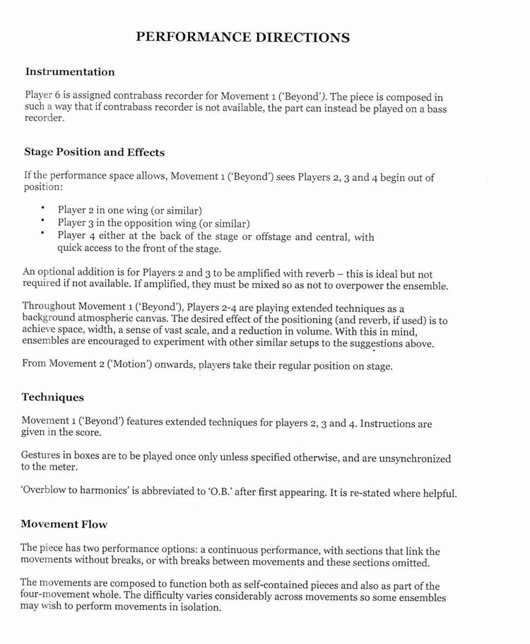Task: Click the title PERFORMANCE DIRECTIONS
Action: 242,37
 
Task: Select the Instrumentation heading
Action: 69,71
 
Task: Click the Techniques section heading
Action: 52,398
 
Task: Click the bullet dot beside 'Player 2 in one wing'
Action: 43,208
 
